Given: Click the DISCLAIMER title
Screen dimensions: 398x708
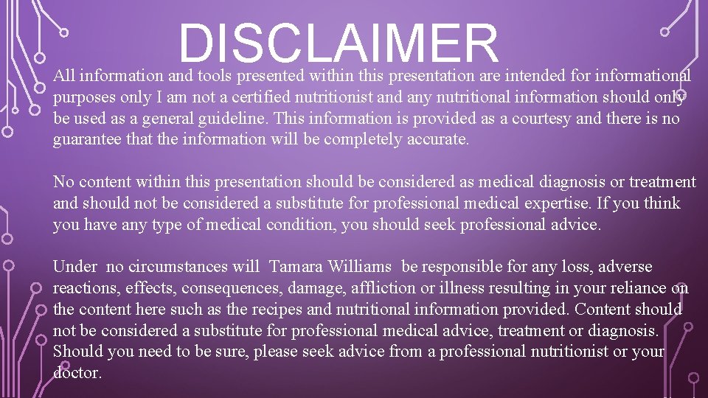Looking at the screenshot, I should (x=339, y=43).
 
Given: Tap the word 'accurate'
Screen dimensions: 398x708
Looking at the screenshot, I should (x=436, y=139).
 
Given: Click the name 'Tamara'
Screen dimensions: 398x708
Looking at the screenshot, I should (x=296, y=267).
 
